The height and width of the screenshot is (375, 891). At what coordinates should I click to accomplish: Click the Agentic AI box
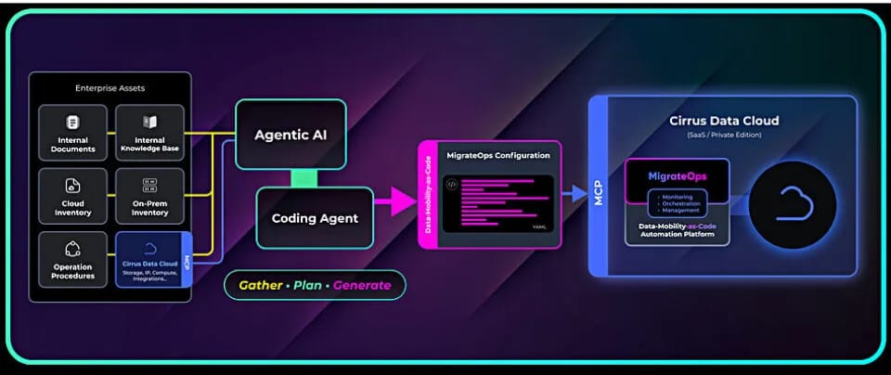pos(291,135)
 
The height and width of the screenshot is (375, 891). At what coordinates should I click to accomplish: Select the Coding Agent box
pos(315,218)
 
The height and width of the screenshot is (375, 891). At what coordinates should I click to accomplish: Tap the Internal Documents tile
pos(72,133)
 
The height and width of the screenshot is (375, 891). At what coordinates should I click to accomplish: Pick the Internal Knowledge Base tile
pos(148,133)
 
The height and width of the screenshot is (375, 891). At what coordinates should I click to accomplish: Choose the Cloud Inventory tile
pos(72,196)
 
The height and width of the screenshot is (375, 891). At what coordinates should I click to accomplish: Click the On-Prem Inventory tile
pos(148,196)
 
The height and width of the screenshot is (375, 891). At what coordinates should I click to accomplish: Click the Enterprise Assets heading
pos(110,88)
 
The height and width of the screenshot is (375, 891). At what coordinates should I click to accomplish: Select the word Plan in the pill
pos(307,285)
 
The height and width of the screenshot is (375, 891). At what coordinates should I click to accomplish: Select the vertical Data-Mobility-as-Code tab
pos(428,195)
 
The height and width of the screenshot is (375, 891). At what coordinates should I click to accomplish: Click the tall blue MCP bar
pos(599,185)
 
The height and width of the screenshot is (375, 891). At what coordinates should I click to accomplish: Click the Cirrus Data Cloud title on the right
pos(724,121)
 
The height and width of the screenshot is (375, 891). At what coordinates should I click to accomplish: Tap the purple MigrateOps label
pos(677,175)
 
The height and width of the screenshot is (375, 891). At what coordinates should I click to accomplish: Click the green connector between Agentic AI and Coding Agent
pos(303,176)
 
